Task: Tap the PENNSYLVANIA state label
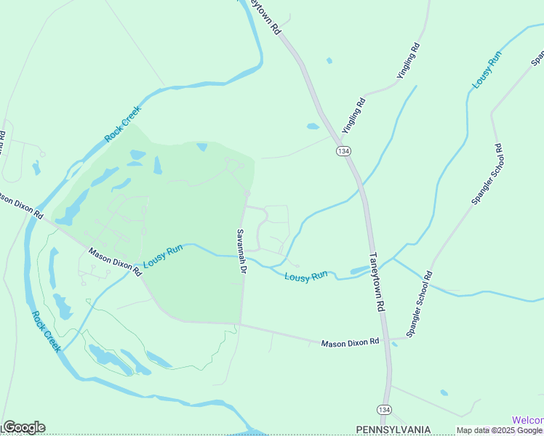tap(393, 429)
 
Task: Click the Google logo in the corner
tap(24, 427)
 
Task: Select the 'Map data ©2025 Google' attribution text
tap(500, 430)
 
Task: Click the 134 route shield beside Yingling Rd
tap(343, 150)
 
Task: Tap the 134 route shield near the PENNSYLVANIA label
tap(385, 410)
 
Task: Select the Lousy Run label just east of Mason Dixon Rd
tap(162, 256)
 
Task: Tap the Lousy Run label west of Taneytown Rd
tap(305, 277)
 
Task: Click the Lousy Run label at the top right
tap(487, 70)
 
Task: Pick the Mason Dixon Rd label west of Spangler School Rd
tap(351, 342)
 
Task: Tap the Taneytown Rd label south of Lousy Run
tap(376, 282)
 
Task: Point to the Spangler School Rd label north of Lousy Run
tap(487, 174)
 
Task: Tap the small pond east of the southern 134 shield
tap(444, 393)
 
